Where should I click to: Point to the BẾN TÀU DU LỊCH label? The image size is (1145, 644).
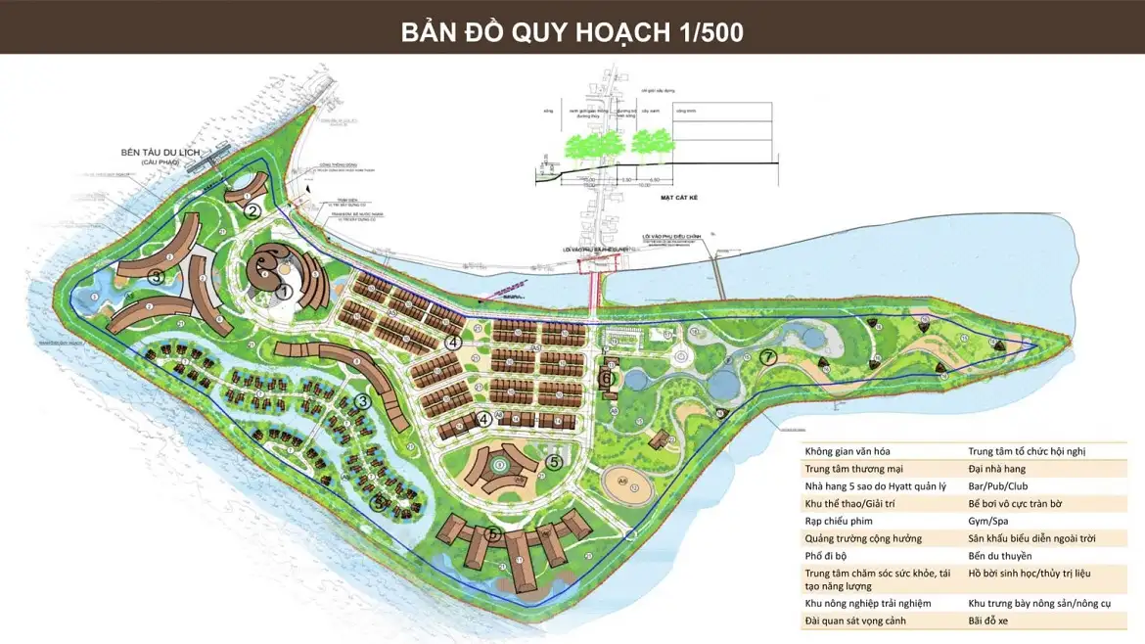coord(160,154)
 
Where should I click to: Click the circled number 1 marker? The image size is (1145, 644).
coord(285,291)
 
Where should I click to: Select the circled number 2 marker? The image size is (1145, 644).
coord(252,209)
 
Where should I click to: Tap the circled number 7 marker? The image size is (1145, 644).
coord(768,357)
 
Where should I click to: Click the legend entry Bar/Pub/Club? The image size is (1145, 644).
coord(998,486)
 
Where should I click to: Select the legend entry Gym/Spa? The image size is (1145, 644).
coord(987,521)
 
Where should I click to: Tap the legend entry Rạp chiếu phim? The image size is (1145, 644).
coord(839,521)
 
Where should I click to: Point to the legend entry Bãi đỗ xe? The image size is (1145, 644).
coord(989,621)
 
